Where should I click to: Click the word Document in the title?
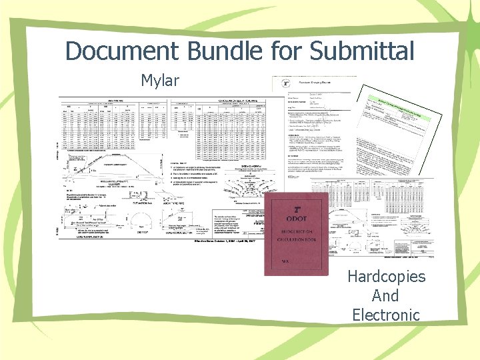[113, 50]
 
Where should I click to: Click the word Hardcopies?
[385, 277]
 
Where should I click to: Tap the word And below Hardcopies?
[385, 295]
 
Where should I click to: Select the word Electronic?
[385, 314]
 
